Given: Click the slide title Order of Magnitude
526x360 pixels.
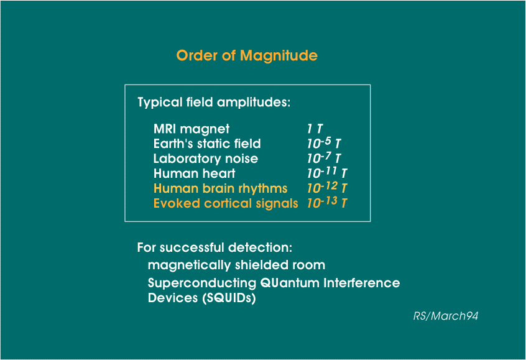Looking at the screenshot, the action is point(247,56).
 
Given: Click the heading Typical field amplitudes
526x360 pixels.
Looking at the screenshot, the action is point(214,103).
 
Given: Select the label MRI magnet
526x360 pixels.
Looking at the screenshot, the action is point(191,129).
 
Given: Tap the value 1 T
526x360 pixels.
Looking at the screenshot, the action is point(315,129).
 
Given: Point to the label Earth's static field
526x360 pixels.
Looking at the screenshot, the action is point(207,144).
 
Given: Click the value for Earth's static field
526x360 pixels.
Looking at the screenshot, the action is point(324,143).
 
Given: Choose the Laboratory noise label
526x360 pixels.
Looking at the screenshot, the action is point(206,159).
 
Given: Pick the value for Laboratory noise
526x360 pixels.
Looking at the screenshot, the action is point(324,158).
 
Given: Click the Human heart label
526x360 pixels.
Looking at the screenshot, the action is point(194,173).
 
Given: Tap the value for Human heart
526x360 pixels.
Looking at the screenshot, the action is point(327,172).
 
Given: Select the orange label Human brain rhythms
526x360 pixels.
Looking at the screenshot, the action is point(220,189).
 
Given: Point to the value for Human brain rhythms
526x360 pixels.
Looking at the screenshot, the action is point(327,188).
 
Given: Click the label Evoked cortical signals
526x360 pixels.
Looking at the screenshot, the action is point(226,203).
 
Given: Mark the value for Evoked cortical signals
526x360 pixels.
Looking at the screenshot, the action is point(327,202).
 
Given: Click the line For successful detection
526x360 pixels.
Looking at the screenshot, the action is point(215,247).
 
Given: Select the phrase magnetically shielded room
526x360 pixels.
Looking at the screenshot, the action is point(236,265).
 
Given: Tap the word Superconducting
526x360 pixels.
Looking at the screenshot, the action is point(202,283).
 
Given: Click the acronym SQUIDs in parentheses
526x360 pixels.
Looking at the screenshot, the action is point(229,298).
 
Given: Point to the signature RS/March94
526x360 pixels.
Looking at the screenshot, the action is point(446,316).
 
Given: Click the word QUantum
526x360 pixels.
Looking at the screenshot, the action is point(290,283).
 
